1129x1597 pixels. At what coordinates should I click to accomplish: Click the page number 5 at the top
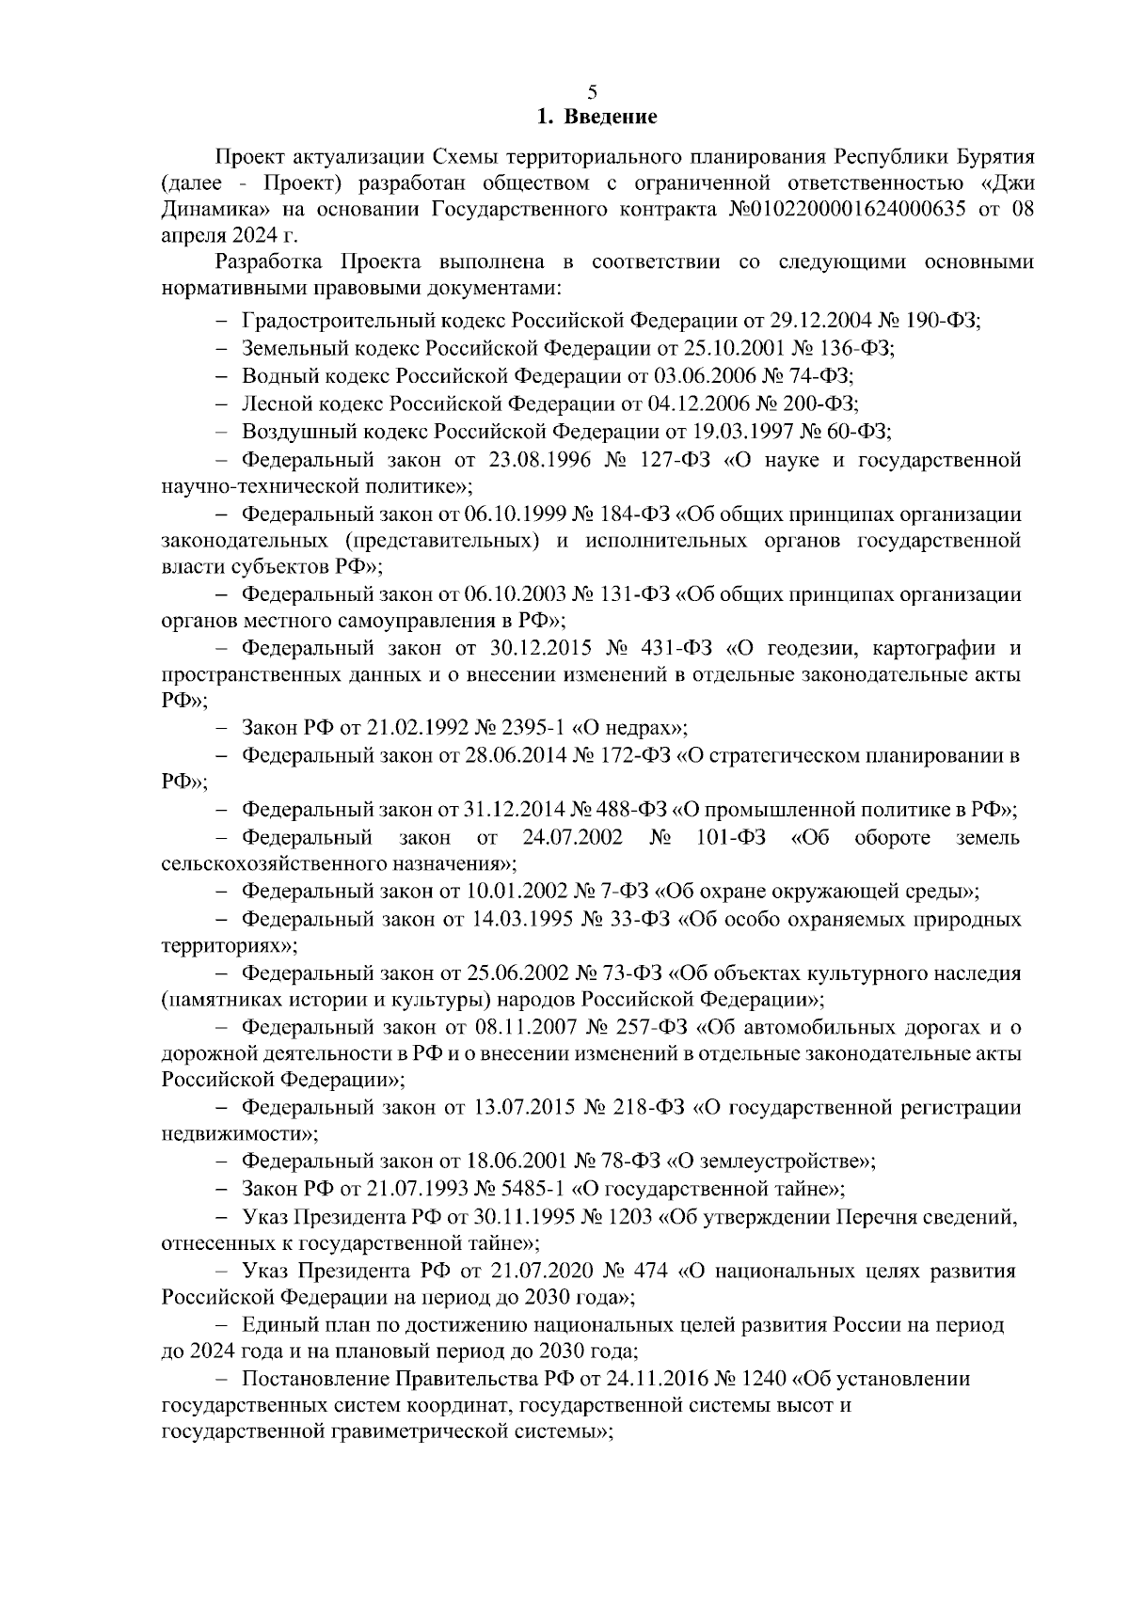[x=591, y=92]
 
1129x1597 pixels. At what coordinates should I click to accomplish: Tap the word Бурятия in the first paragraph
[x=995, y=155]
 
